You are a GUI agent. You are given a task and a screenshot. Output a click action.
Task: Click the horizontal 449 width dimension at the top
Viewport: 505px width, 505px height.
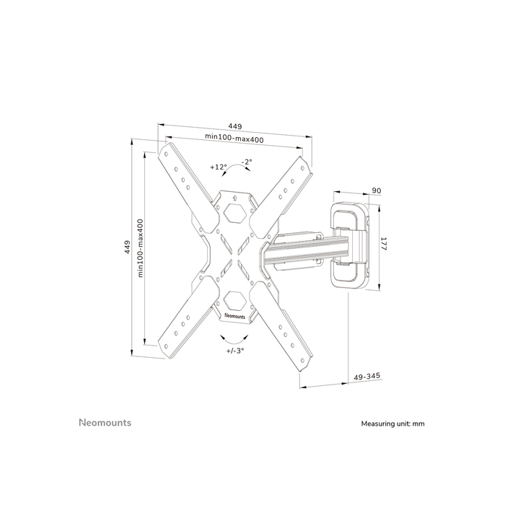point(234,124)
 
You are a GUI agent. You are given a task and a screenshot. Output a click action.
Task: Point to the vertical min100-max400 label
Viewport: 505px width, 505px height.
point(141,247)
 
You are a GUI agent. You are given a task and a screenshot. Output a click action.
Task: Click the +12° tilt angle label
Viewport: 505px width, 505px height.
point(219,167)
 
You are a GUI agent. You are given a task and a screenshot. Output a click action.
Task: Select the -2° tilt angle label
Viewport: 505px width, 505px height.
point(246,162)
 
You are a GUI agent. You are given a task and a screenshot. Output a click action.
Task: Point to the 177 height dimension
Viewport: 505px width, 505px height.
point(384,245)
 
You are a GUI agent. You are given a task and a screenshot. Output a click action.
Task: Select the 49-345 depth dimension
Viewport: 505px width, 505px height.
point(368,377)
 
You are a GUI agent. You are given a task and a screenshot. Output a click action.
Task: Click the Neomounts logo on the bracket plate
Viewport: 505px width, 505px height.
point(235,315)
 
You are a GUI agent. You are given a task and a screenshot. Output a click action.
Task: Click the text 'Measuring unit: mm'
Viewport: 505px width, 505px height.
point(392,424)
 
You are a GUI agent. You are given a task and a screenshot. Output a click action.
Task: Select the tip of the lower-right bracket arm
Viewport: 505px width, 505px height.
point(304,366)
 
